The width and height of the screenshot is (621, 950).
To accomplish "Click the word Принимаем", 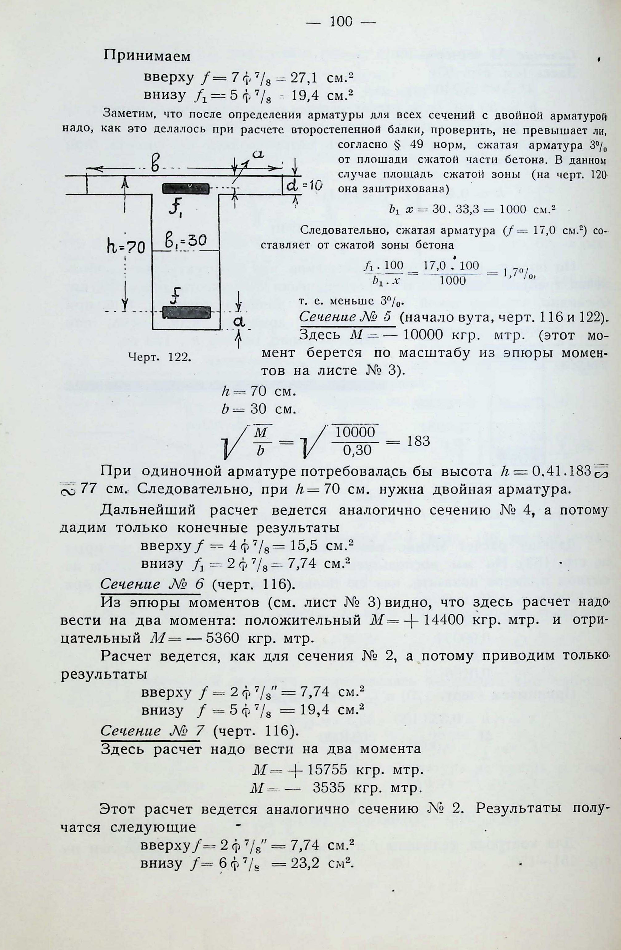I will (x=147, y=57).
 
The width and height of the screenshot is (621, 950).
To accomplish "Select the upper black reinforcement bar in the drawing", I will (x=186, y=188).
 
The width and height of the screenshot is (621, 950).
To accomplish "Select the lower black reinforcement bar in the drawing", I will (x=186, y=312).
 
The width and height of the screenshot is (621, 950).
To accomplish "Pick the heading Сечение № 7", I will (x=152, y=731).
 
